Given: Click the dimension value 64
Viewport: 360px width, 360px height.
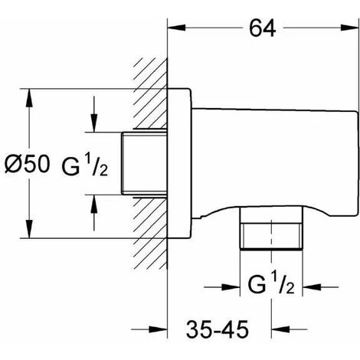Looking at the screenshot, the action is pyautogui.click(x=262, y=28).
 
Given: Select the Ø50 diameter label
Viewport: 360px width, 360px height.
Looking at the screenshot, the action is pyautogui.click(x=27, y=164).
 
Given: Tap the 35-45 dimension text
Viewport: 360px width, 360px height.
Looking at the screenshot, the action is pyautogui.click(x=218, y=329).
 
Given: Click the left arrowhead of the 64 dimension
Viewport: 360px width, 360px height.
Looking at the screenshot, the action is pyautogui.click(x=176, y=28).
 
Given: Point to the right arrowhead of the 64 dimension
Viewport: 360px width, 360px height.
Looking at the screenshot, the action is pyautogui.click(x=350, y=28).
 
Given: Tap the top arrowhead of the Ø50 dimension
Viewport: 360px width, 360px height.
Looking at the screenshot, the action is pyautogui.click(x=30, y=97).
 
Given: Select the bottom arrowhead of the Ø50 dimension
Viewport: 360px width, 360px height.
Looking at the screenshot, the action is pyautogui.click(x=30, y=229).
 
